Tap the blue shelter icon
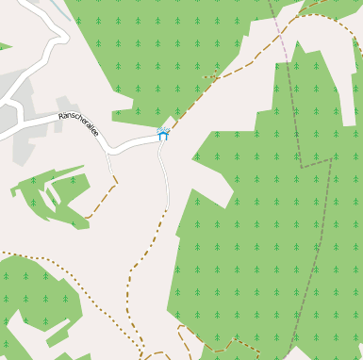163,135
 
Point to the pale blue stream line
61,8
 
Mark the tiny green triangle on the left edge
4,45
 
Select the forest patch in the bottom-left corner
28,302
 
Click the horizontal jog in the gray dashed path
316,162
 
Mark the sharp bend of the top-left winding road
64,39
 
